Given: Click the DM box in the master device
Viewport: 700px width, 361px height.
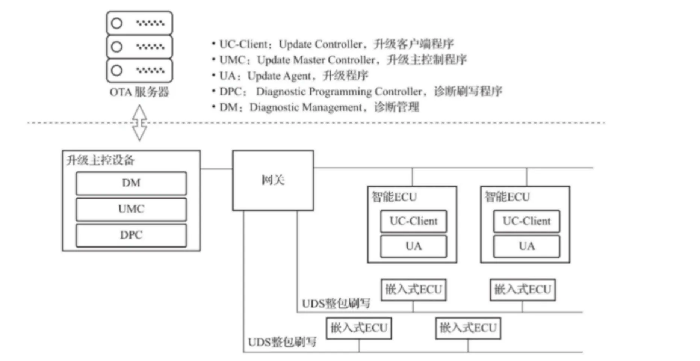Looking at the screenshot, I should (131, 183).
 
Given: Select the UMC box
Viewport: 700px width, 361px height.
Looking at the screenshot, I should (131, 209).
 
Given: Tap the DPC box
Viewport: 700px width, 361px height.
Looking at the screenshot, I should (131, 235).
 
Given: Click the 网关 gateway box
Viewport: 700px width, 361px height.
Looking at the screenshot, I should (273, 180).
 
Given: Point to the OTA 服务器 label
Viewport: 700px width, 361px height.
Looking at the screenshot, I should (139, 92).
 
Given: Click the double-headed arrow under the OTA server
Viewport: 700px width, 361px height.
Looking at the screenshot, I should (139, 123).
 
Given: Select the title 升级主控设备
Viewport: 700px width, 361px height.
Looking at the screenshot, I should (100, 160).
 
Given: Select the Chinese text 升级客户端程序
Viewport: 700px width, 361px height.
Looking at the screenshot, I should (414, 44).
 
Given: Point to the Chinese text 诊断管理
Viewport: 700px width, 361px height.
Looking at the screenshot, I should (396, 107).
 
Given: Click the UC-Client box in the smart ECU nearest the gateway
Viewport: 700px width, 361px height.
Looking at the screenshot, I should (413, 221).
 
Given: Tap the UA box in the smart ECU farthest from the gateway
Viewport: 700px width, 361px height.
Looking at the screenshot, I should (526, 246).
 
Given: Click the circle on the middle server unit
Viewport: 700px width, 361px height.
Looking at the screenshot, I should (117, 47).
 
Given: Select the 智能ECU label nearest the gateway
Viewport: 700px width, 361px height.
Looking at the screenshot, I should (394, 197).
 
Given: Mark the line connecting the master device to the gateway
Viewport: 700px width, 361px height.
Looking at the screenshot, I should (216, 169).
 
